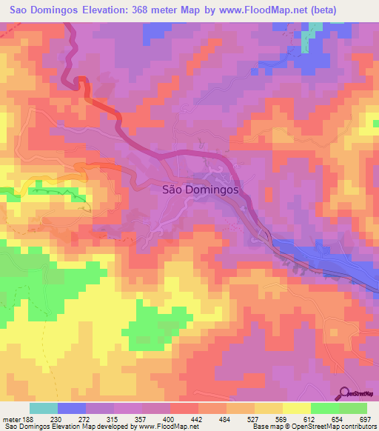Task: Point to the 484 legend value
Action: point(227,419)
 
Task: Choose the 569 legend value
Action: point(283,419)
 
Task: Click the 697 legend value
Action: point(366,419)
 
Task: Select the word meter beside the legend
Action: point(11,419)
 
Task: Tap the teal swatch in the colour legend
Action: point(44,408)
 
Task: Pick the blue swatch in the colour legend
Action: point(72,408)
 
